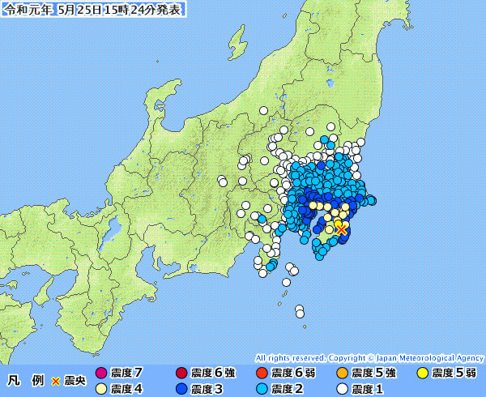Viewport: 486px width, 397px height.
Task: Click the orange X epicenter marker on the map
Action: pos(341,229)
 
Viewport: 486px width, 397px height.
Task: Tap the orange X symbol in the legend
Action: pos(55,380)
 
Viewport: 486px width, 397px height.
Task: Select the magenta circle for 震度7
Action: pos(101,374)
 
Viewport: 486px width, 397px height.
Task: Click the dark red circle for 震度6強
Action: pos(181,374)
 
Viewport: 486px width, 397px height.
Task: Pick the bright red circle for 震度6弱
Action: pos(262,374)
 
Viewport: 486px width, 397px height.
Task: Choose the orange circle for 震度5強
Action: pos(342,374)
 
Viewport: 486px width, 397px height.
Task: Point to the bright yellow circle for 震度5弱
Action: pos(422,374)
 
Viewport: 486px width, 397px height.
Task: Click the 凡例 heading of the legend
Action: pos(26,380)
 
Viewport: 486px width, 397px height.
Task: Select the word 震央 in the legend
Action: pos(75,380)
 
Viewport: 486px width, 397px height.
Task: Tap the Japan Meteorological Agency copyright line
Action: pos(369,357)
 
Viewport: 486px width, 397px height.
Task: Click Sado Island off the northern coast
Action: pos(237,39)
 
